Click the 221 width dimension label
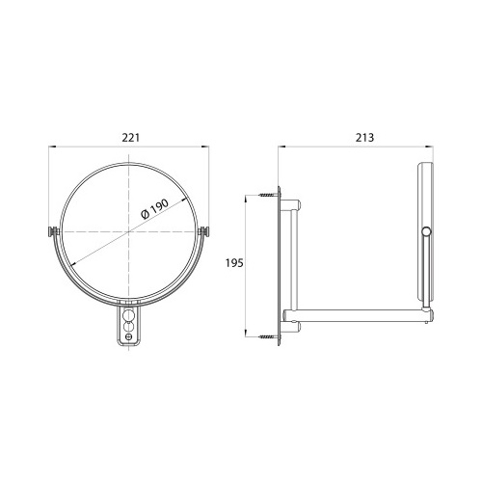pos(131,138)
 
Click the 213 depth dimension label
pos(364,138)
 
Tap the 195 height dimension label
pos(234,263)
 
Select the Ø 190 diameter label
pos(155,209)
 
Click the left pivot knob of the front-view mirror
pos(53,231)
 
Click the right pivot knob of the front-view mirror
pos(204,231)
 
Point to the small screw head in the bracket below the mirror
pos(129,336)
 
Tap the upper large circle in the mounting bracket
pos(129,314)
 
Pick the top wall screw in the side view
pos(267,195)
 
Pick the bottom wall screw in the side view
pos(267,336)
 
